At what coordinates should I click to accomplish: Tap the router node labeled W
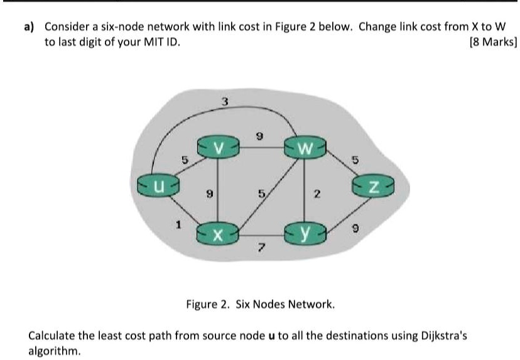pos(304,150)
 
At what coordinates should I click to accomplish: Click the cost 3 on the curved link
pos(225,102)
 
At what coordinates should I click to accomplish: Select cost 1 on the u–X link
pos(179,222)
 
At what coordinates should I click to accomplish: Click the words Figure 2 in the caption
pos(209,305)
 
